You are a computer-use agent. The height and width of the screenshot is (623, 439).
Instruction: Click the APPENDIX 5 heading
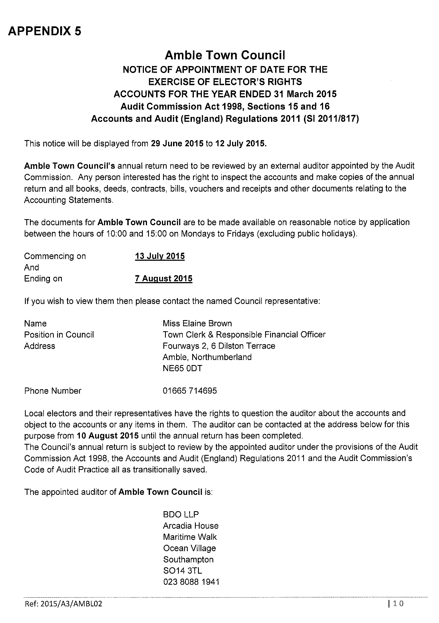[45, 31]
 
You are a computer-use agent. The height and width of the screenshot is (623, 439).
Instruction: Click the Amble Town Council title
[225, 55]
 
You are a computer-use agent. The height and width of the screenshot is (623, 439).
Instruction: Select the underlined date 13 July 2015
[160, 256]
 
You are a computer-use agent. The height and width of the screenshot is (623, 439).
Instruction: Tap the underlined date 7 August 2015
[164, 278]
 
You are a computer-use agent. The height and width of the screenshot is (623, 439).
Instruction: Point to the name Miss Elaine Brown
[197, 323]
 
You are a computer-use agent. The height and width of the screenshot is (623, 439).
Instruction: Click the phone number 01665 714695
[190, 391]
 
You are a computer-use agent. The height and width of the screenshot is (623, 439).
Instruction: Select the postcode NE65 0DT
[182, 368]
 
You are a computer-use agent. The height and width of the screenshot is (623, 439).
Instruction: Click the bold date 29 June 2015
[177, 144]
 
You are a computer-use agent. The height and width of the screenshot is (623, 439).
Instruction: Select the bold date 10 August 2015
[108, 436]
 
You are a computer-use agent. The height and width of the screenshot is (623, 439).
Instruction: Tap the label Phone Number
[53, 391]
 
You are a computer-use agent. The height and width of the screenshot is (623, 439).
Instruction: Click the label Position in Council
[59, 335]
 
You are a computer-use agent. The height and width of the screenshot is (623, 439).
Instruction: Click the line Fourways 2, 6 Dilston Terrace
[219, 346]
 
